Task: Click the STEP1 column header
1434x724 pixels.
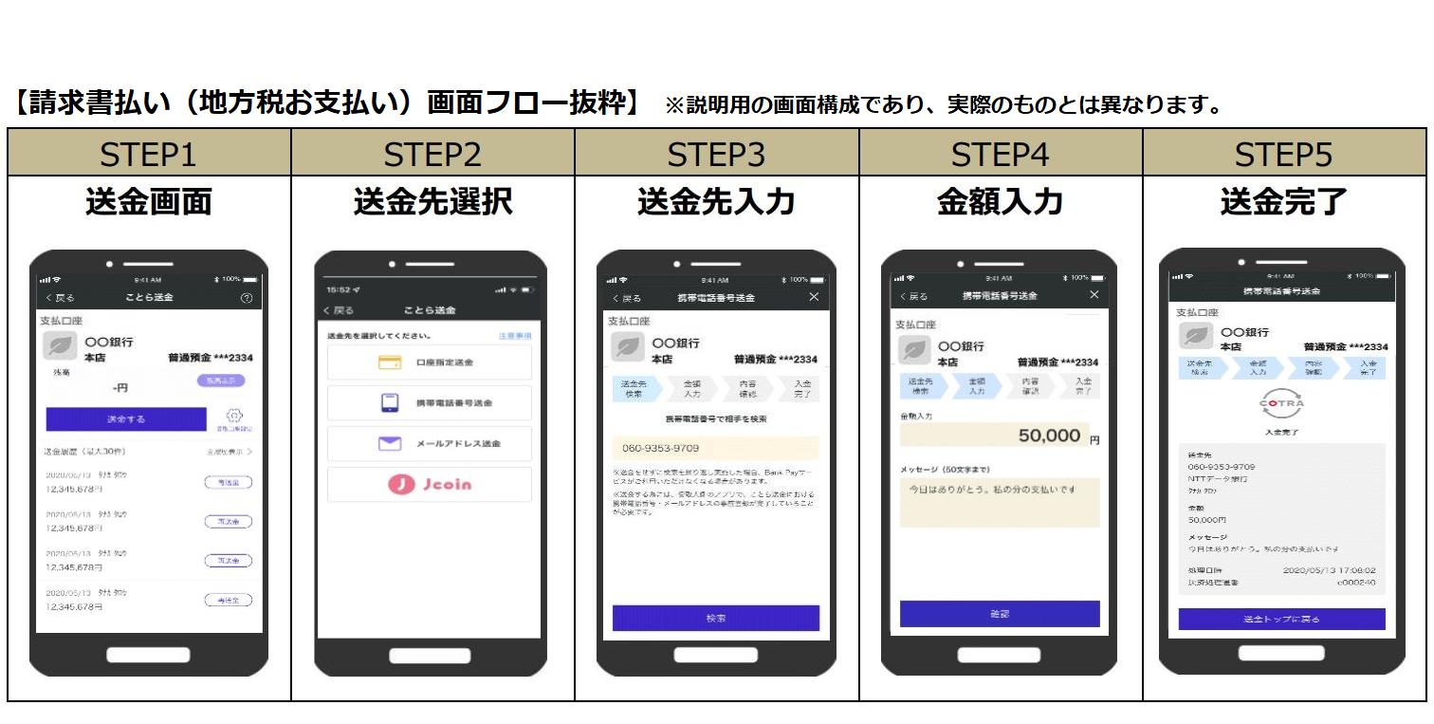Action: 148,154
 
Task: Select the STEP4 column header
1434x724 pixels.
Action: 1000,154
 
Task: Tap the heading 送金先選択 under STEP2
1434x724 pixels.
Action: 432,202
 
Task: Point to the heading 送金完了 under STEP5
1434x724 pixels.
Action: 1282,202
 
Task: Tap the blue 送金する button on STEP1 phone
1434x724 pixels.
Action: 126,418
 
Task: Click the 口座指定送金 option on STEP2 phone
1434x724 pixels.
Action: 429,362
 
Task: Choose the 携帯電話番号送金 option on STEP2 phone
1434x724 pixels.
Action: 429,403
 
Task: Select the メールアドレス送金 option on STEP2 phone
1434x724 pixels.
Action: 429,443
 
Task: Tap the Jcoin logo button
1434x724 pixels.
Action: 429,484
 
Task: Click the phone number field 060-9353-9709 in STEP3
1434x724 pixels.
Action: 715,448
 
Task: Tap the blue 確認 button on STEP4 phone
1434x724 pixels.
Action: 1000,614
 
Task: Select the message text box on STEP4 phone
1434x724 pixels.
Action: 1000,502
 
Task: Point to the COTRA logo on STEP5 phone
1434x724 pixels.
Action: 1281,403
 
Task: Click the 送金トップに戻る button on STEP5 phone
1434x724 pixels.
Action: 1281,620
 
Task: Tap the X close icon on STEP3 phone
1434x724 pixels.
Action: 814,297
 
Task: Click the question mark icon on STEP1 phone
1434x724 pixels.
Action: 247,298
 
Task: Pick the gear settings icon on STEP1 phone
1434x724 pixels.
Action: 235,416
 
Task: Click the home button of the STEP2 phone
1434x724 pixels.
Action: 430,656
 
